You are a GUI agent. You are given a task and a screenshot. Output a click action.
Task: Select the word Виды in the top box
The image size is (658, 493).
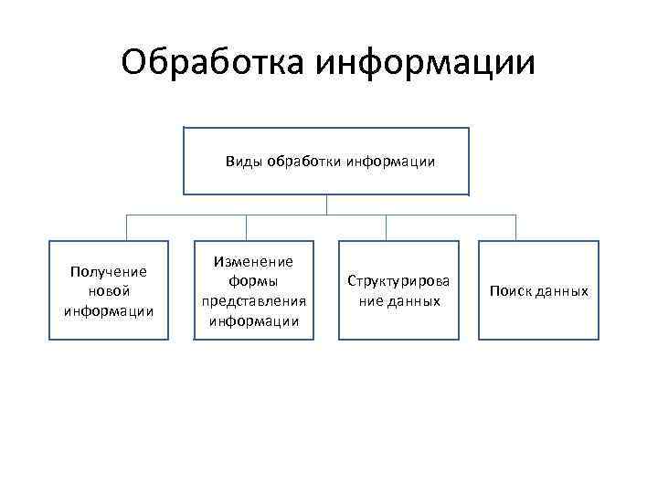coord(244,162)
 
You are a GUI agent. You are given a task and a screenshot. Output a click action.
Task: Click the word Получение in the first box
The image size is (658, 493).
coord(109,271)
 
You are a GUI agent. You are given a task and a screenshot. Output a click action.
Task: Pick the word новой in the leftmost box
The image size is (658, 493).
coord(109,290)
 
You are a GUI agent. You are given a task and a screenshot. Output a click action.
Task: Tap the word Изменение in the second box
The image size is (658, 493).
coord(253,261)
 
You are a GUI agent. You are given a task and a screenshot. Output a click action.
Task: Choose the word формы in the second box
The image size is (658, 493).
coord(253,280)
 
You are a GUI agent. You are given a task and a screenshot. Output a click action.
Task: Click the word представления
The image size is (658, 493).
coord(253,300)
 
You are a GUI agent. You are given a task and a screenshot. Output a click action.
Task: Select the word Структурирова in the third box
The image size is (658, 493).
coord(398,281)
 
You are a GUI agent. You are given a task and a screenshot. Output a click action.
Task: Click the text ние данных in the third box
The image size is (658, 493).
coord(398,300)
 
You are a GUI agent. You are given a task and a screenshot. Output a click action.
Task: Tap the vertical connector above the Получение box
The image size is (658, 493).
coord(126,227)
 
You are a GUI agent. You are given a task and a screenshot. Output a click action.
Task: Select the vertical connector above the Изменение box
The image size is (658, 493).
coord(247,227)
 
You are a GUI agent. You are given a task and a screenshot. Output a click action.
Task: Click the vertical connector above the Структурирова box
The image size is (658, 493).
coord(386,227)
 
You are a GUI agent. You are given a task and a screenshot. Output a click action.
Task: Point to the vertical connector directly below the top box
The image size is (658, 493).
coord(326,205)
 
